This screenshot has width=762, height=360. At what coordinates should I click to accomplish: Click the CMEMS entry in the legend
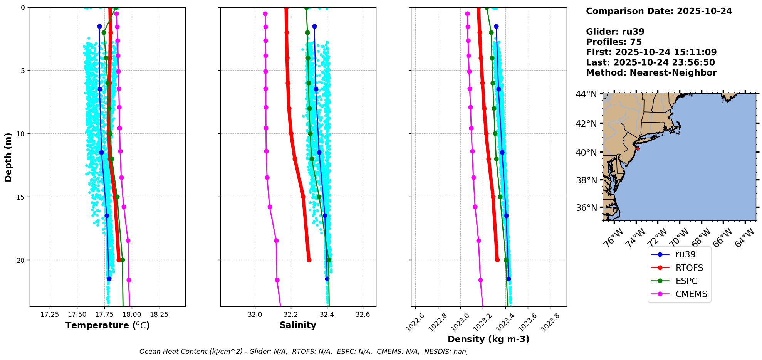(x=691, y=294)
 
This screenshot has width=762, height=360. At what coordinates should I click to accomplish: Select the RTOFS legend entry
(x=689, y=268)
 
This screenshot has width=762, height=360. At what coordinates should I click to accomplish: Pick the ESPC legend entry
(x=686, y=281)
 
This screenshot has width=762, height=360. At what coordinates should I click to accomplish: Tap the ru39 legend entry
(x=685, y=255)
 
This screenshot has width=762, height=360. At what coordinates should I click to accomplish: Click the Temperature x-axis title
(x=107, y=326)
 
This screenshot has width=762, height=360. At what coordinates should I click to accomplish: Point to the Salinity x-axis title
(x=298, y=325)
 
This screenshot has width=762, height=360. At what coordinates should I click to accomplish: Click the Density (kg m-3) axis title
(x=488, y=340)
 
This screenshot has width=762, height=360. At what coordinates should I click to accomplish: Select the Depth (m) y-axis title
(x=8, y=157)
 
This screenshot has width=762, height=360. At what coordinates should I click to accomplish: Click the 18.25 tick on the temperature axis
(x=159, y=315)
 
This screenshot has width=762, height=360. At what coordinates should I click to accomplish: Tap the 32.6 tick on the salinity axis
(x=363, y=315)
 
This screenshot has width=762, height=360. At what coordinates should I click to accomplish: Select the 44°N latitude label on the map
(x=586, y=94)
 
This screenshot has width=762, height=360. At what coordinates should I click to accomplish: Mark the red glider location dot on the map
(x=638, y=148)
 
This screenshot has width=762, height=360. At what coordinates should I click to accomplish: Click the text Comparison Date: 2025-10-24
(x=659, y=11)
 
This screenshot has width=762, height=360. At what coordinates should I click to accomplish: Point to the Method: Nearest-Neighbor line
(x=651, y=73)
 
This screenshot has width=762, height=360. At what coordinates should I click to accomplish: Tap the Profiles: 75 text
(x=614, y=42)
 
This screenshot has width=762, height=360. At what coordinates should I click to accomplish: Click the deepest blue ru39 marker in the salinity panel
(x=327, y=279)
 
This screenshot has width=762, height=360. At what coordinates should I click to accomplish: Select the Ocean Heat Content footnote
(x=304, y=352)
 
